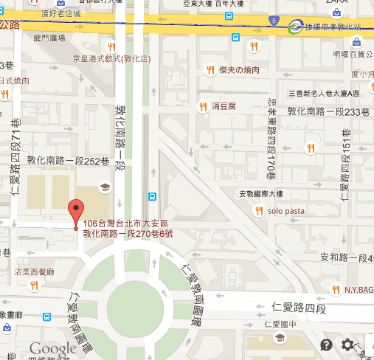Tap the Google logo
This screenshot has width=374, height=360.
coord(53,348)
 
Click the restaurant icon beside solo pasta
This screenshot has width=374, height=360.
coord(260,211)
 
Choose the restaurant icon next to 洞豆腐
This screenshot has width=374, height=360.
coord(203,106)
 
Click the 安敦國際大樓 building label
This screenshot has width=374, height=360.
coord(260,195)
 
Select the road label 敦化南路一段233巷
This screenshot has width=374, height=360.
coord(328,112)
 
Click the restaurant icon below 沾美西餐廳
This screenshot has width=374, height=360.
coord(34,285)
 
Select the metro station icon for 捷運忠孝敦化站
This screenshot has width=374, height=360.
coord(297,27)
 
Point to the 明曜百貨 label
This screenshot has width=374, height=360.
coord(350,54)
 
